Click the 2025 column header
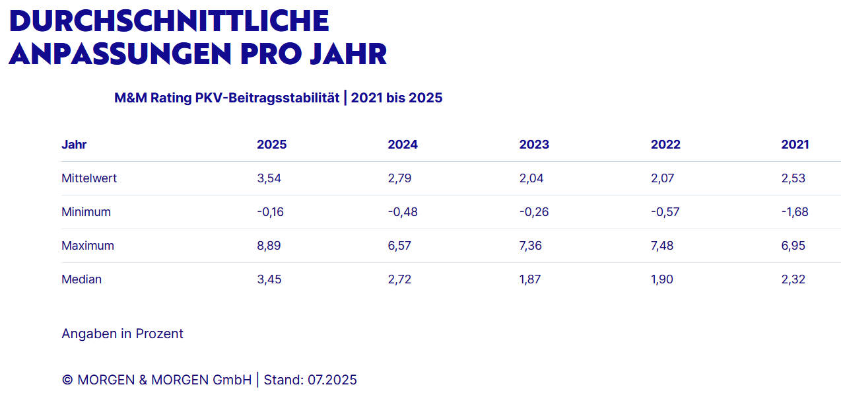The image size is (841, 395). [271, 145]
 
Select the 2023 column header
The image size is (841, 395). [534, 145]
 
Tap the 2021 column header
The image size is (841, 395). [795, 145]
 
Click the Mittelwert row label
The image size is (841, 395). [89, 178]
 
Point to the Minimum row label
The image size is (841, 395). [86, 212]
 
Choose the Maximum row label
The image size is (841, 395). [88, 246]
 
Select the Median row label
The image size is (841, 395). [81, 279]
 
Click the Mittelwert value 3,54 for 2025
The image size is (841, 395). [269, 178]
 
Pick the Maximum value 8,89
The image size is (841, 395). [269, 246]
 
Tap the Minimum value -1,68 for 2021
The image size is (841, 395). [795, 212]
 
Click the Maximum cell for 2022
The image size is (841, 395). [663, 246]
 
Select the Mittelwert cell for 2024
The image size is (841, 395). [399, 178]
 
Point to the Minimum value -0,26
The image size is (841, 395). [534, 212]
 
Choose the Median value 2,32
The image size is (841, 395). [793, 279]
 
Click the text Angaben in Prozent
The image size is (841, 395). [122, 334]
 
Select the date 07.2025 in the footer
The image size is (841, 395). [332, 380]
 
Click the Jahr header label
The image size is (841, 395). [74, 145]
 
